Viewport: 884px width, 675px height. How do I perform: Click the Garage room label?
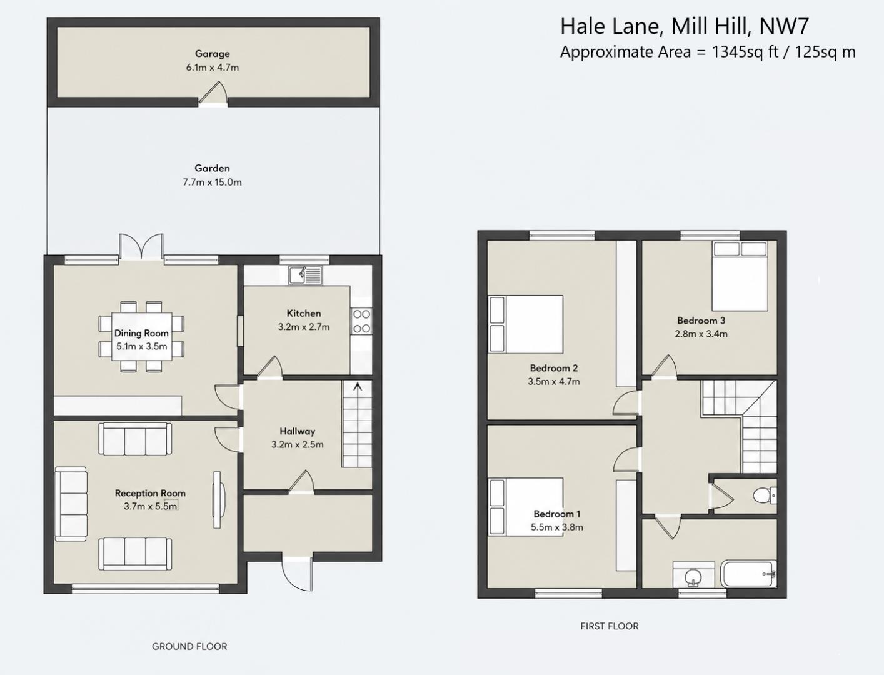[212, 54]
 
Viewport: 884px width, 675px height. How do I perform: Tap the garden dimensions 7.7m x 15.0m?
[212, 182]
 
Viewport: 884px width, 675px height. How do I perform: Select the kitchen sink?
[306, 276]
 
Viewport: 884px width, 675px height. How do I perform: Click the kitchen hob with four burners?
[361, 321]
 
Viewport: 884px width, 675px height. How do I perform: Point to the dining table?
[141, 336]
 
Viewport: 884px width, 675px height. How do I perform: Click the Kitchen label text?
[304, 313]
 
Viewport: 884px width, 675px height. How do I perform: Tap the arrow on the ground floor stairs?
[357, 387]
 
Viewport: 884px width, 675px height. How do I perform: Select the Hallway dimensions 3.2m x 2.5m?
[297, 444]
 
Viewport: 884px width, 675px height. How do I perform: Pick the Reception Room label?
[150, 493]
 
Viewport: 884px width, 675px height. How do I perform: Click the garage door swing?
[213, 93]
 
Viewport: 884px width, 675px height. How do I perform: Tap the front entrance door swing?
[297, 574]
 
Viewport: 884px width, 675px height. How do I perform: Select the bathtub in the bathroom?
[749, 574]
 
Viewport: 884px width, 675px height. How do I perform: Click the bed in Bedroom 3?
[740, 276]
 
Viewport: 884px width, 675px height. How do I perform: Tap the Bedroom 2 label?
[554, 368]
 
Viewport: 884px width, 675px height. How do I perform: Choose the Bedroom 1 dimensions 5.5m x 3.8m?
[556, 527]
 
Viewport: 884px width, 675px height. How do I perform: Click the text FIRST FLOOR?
[610, 626]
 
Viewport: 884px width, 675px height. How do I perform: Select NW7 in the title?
[784, 26]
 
